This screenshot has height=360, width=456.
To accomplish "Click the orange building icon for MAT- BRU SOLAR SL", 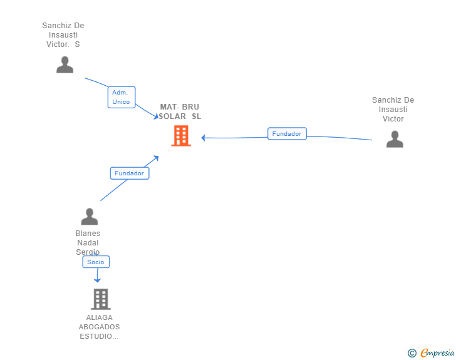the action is point(181,135).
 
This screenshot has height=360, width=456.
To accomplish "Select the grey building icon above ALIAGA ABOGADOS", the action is point(101,299).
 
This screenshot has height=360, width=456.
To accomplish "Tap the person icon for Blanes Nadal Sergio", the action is point(90,217).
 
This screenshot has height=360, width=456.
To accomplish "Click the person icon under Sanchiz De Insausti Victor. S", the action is point(65,64).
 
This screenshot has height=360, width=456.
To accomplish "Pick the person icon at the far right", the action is point(395,139).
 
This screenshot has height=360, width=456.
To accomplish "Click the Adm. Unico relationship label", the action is point(122,97).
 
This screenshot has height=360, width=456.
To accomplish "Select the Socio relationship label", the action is point(96,262).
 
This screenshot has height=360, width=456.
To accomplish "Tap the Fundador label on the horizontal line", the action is point(287,133).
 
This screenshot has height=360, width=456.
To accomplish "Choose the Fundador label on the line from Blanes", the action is point(130,173).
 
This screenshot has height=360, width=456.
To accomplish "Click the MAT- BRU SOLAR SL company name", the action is point(180,111).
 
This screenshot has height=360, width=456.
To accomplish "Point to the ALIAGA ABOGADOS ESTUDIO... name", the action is point(99,327).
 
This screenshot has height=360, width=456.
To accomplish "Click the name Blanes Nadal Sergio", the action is point(88,242).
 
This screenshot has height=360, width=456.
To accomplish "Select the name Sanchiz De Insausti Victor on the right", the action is point(393,110).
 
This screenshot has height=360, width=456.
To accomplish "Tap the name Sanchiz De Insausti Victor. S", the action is point(63,35).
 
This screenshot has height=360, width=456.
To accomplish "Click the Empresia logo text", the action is point(437,352).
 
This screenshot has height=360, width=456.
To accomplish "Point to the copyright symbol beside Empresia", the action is point(412,353).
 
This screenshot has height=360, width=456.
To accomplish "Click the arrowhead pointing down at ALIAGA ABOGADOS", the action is point(97,280).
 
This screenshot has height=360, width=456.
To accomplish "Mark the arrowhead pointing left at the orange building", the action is point(204,138).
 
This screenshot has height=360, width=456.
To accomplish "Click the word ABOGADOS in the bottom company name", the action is point(99,327).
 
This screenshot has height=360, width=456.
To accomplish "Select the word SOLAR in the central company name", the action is point(172,116).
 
